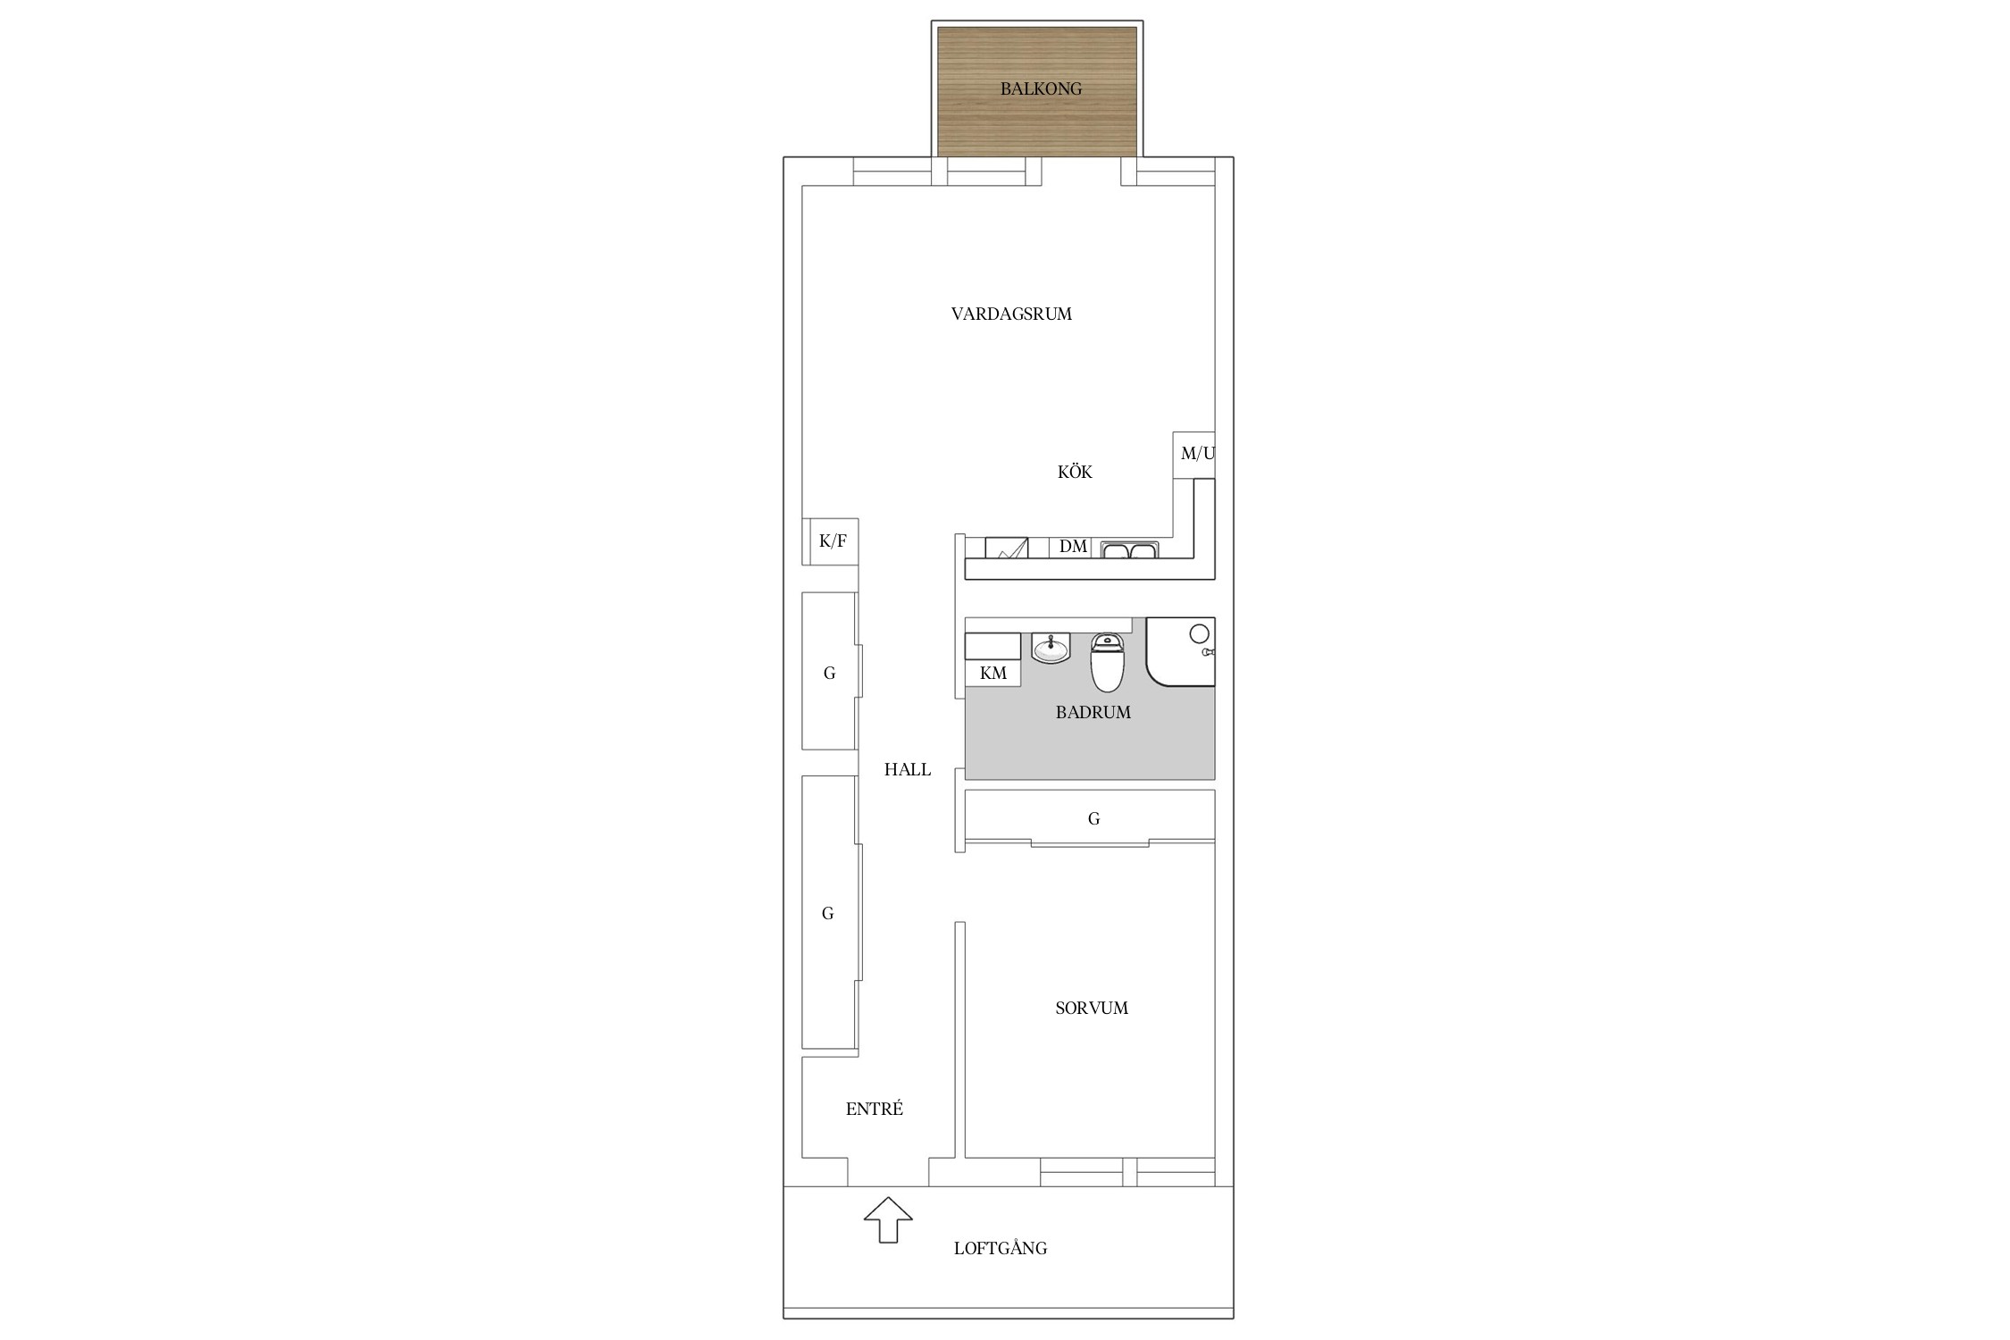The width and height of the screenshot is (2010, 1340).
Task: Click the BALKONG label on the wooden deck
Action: pyautogui.click(x=1041, y=88)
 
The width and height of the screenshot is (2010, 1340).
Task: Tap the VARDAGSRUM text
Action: pyautogui.click(x=1011, y=314)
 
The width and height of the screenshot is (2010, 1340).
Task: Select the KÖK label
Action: pyautogui.click(x=1075, y=472)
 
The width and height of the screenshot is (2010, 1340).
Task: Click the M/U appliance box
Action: pyautogui.click(x=1194, y=455)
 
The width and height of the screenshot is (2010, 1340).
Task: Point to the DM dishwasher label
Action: pyautogui.click(x=1073, y=546)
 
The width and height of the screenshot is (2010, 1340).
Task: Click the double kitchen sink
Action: pyautogui.click(x=1129, y=549)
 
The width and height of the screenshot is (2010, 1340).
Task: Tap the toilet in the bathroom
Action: pyautogui.click(x=1107, y=662)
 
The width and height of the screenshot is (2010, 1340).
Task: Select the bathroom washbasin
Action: pyautogui.click(x=1051, y=648)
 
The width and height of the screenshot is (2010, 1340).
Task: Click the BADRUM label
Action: pyautogui.click(x=1093, y=712)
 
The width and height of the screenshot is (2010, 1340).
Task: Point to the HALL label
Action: pyautogui.click(x=908, y=769)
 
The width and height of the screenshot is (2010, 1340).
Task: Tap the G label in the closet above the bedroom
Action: pyautogui.click(x=1093, y=818)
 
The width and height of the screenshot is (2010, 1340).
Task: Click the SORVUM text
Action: pyautogui.click(x=1092, y=1008)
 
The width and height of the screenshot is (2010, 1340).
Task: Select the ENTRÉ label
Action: pyautogui.click(x=875, y=1109)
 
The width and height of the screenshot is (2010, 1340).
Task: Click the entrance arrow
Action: pyautogui.click(x=888, y=1219)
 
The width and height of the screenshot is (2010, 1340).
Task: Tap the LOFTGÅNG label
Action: pyautogui.click(x=1001, y=1248)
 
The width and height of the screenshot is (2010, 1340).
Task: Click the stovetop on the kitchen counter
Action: pyautogui.click(x=1007, y=548)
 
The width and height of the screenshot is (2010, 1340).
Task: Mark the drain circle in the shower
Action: pyautogui.click(x=1200, y=633)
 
